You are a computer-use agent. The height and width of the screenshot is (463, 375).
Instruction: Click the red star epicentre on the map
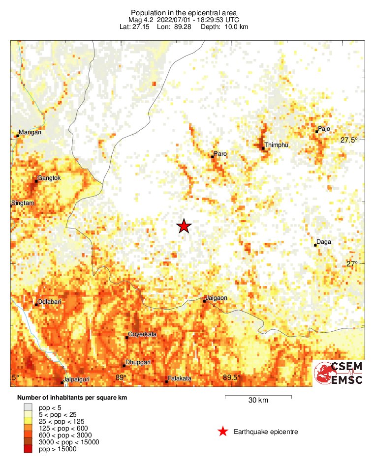coord(184,226)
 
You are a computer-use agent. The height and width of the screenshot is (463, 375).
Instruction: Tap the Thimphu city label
coord(276,145)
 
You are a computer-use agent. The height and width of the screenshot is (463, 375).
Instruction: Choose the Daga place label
coord(324,242)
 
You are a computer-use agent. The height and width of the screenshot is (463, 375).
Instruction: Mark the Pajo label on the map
coord(324,129)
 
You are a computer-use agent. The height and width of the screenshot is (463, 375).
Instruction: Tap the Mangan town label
coord(30,133)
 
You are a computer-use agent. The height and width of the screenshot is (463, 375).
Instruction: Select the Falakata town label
coord(179,378)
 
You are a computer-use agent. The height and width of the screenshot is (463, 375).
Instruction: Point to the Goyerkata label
coord(143,334)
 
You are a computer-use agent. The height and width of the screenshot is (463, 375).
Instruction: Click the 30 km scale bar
coord(258,396)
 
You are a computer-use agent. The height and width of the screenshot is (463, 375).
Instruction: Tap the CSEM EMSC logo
coord(339,374)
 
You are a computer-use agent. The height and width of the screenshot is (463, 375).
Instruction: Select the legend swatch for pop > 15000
coord(29,449)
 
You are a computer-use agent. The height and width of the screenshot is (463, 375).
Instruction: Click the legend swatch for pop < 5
coord(29,407)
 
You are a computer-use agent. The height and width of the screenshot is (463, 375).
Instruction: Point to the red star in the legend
coord(223,432)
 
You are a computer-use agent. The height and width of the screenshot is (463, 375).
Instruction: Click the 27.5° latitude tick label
coord(349,140)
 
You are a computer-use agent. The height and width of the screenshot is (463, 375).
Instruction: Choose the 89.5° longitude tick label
coord(232,377)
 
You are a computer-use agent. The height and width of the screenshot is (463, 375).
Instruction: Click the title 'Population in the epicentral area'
coord(183,12)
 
